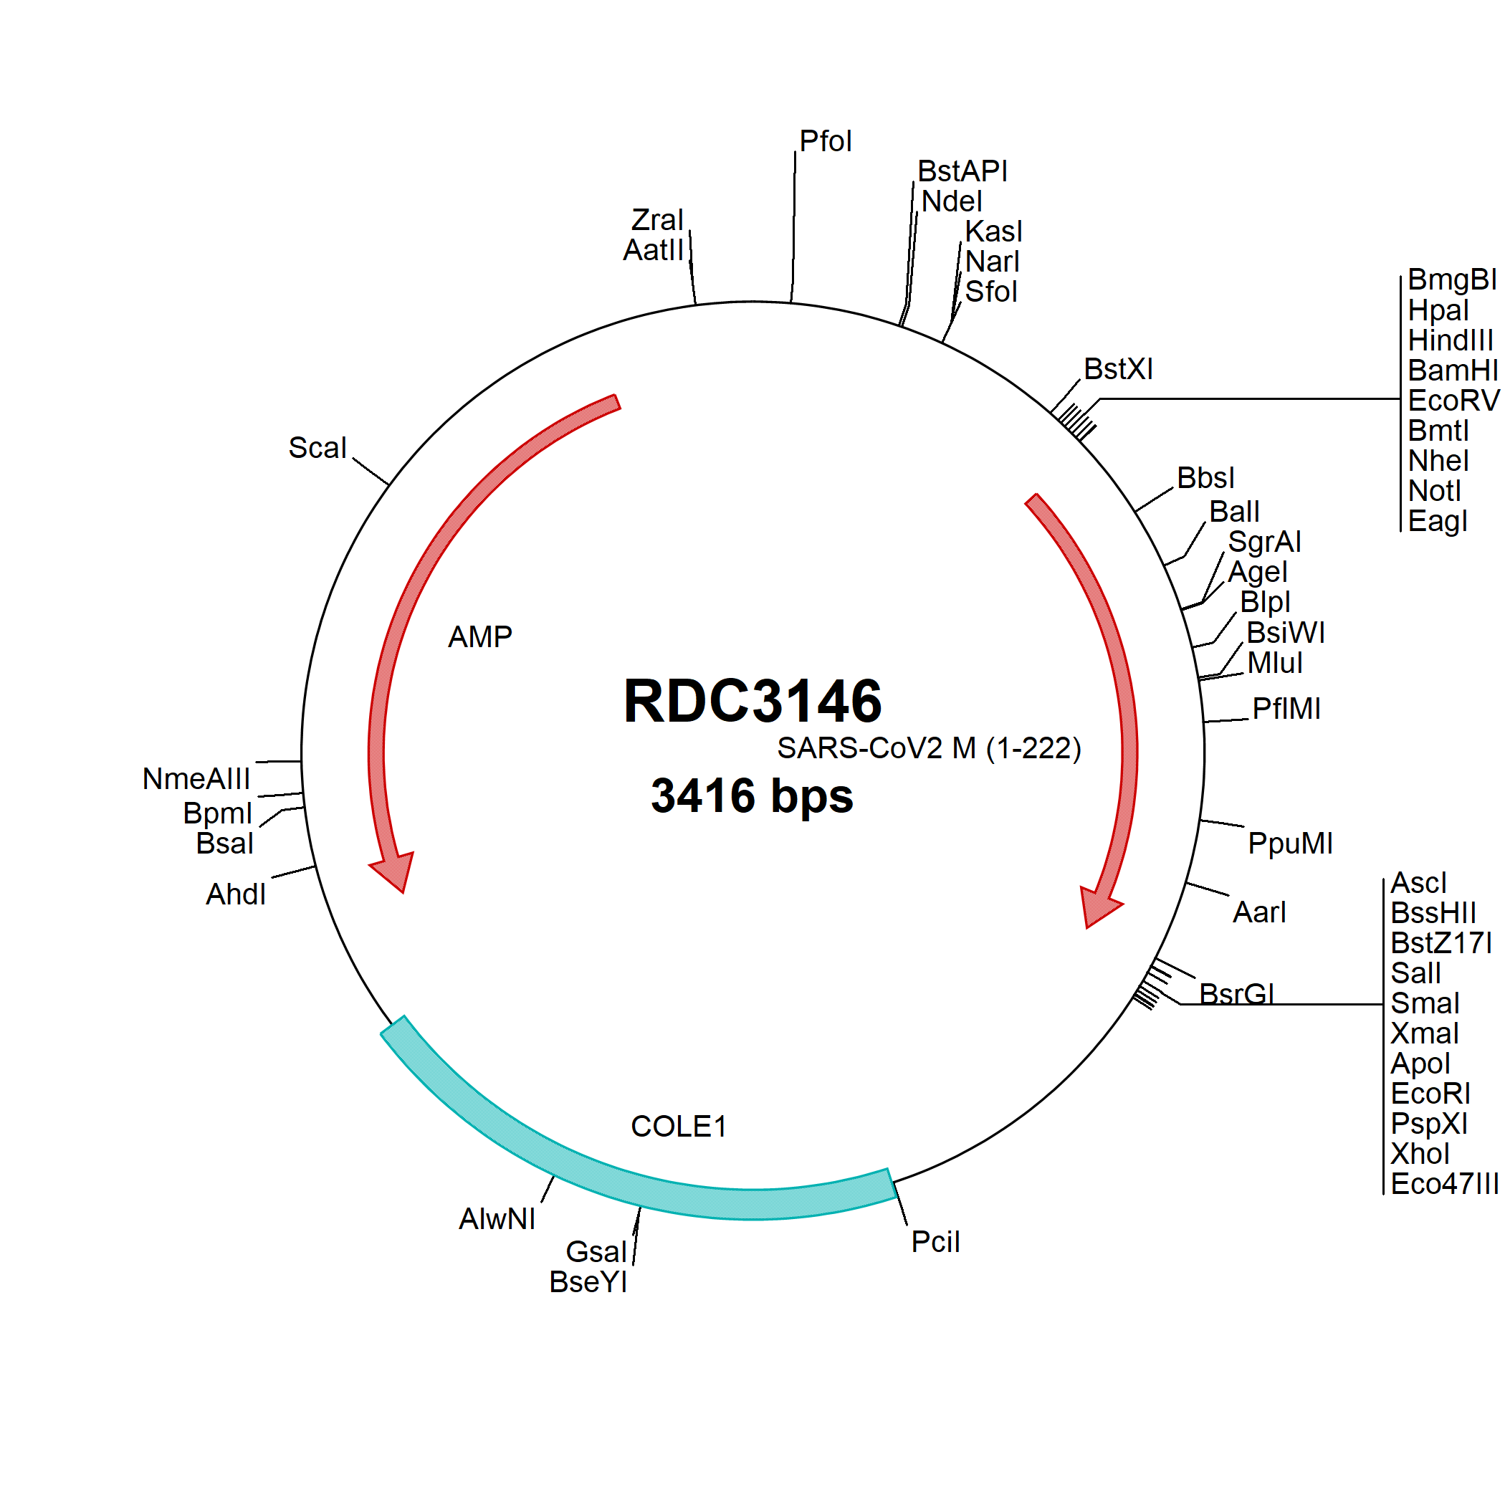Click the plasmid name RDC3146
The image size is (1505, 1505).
click(x=752, y=700)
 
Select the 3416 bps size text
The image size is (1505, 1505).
click(x=752, y=796)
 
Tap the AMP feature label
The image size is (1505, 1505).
click(x=480, y=637)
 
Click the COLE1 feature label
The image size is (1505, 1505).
click(x=679, y=1127)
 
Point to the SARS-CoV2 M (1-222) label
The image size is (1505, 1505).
click(x=929, y=749)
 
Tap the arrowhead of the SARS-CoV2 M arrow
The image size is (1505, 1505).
click(x=1099, y=907)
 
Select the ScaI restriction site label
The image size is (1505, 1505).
click(x=317, y=448)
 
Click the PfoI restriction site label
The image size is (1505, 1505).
click(x=826, y=142)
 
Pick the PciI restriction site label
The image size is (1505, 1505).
click(x=935, y=1243)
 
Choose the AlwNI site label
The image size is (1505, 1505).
click(x=497, y=1219)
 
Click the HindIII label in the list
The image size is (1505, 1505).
click(x=1451, y=340)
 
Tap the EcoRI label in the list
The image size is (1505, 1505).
click(x=1430, y=1094)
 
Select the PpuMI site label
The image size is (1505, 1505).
click(x=1290, y=844)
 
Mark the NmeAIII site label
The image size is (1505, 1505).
click(x=196, y=779)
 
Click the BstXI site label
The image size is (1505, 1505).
click(x=1118, y=369)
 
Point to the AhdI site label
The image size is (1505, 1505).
click(x=235, y=894)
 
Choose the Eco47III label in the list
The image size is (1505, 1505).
click(x=1444, y=1184)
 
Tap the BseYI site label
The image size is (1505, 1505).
click(x=588, y=1282)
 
